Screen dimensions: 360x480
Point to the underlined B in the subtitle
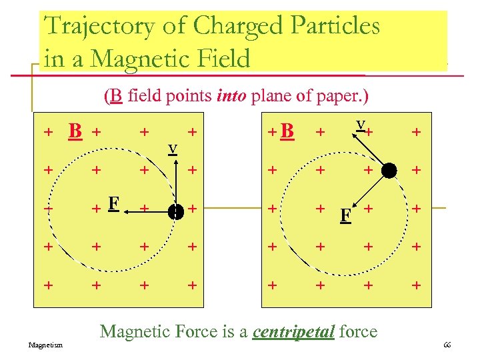click(116, 97)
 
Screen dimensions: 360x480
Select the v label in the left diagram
click(172, 148)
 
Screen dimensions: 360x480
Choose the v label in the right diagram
click(360, 125)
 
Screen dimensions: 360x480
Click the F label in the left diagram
click(113, 202)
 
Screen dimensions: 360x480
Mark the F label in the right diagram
click(345, 215)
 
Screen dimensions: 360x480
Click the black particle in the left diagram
click(176, 211)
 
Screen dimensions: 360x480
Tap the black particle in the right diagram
click(389, 171)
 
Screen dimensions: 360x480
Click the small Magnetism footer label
click(46, 345)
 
